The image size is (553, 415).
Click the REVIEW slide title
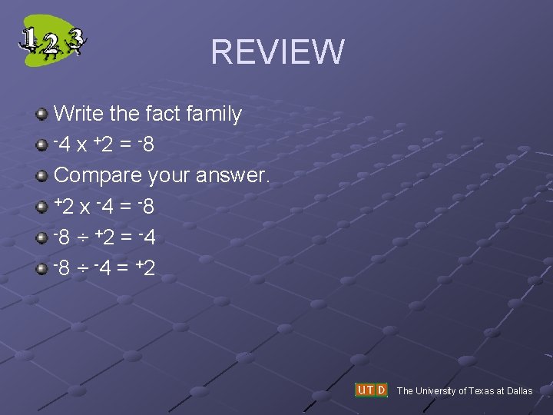[277, 51]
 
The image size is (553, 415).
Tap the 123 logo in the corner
[52, 40]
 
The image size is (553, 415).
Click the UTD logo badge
[371, 390]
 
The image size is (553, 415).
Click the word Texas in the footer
[472, 391]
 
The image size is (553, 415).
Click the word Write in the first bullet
[79, 115]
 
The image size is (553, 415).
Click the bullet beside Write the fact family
[42, 115]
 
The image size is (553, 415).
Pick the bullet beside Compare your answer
[42, 176]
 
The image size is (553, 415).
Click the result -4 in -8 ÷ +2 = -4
[147, 237]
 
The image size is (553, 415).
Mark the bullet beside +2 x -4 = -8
[42, 207]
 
